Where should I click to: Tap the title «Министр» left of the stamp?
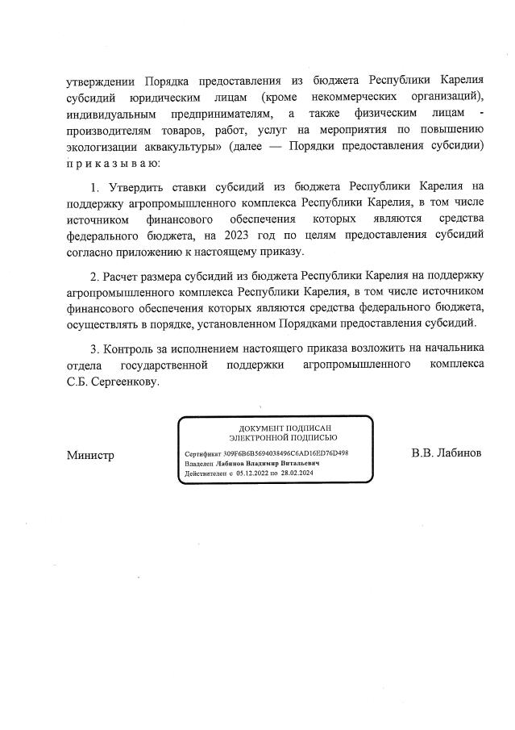pyautogui.click(x=90, y=455)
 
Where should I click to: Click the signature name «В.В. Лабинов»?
pyautogui.click(x=446, y=453)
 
